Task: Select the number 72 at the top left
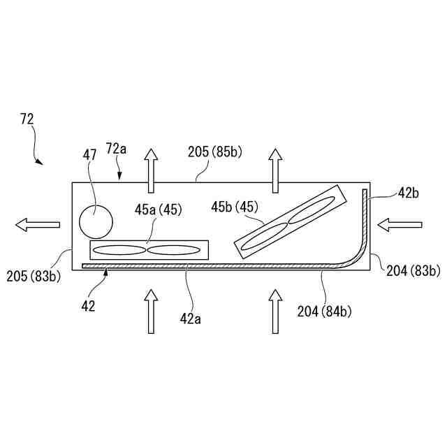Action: [x=27, y=119]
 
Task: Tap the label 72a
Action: [x=116, y=149]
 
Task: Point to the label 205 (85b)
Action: [x=214, y=152]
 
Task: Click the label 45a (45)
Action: [x=159, y=210]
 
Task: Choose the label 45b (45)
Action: [x=235, y=207]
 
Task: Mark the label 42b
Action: [x=408, y=193]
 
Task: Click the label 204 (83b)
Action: [x=413, y=270]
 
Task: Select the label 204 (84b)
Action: [x=324, y=312]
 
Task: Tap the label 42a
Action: [x=190, y=318]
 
